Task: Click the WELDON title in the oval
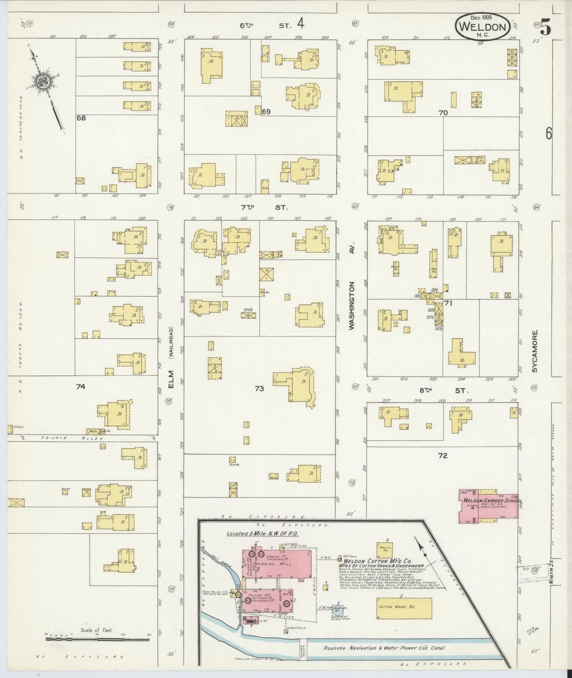tap(483, 27)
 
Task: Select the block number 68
tap(81, 118)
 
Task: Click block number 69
tap(266, 112)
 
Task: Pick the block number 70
tap(443, 113)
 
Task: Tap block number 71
tap(448, 304)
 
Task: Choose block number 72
tap(443, 456)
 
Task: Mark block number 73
tap(259, 389)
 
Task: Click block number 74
tap(81, 386)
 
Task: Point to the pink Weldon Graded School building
tap(488, 506)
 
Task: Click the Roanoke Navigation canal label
tap(384, 648)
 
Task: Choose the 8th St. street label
tap(443, 390)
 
